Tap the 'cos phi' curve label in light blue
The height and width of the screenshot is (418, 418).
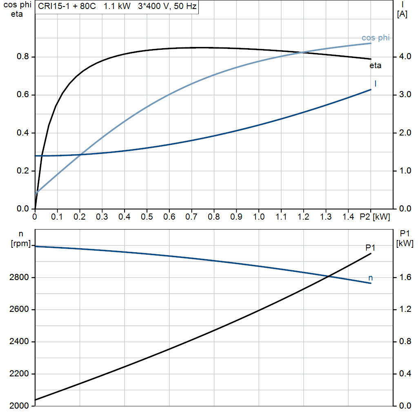tap(376, 38)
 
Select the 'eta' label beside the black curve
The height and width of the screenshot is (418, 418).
tap(376, 65)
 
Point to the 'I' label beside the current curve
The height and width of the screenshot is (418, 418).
tap(376, 84)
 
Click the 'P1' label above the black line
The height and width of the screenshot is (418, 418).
tap(371, 247)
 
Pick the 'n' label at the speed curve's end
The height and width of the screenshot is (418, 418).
tap(371, 278)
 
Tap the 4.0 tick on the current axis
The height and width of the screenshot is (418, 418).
tap(405, 57)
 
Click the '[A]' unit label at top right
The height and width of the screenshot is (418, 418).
tap(402, 14)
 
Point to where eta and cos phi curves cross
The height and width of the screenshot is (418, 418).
tap(302, 52)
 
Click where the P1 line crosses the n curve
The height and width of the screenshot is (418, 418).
tap(329, 277)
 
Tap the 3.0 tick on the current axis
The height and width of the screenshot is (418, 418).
tap(405, 95)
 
